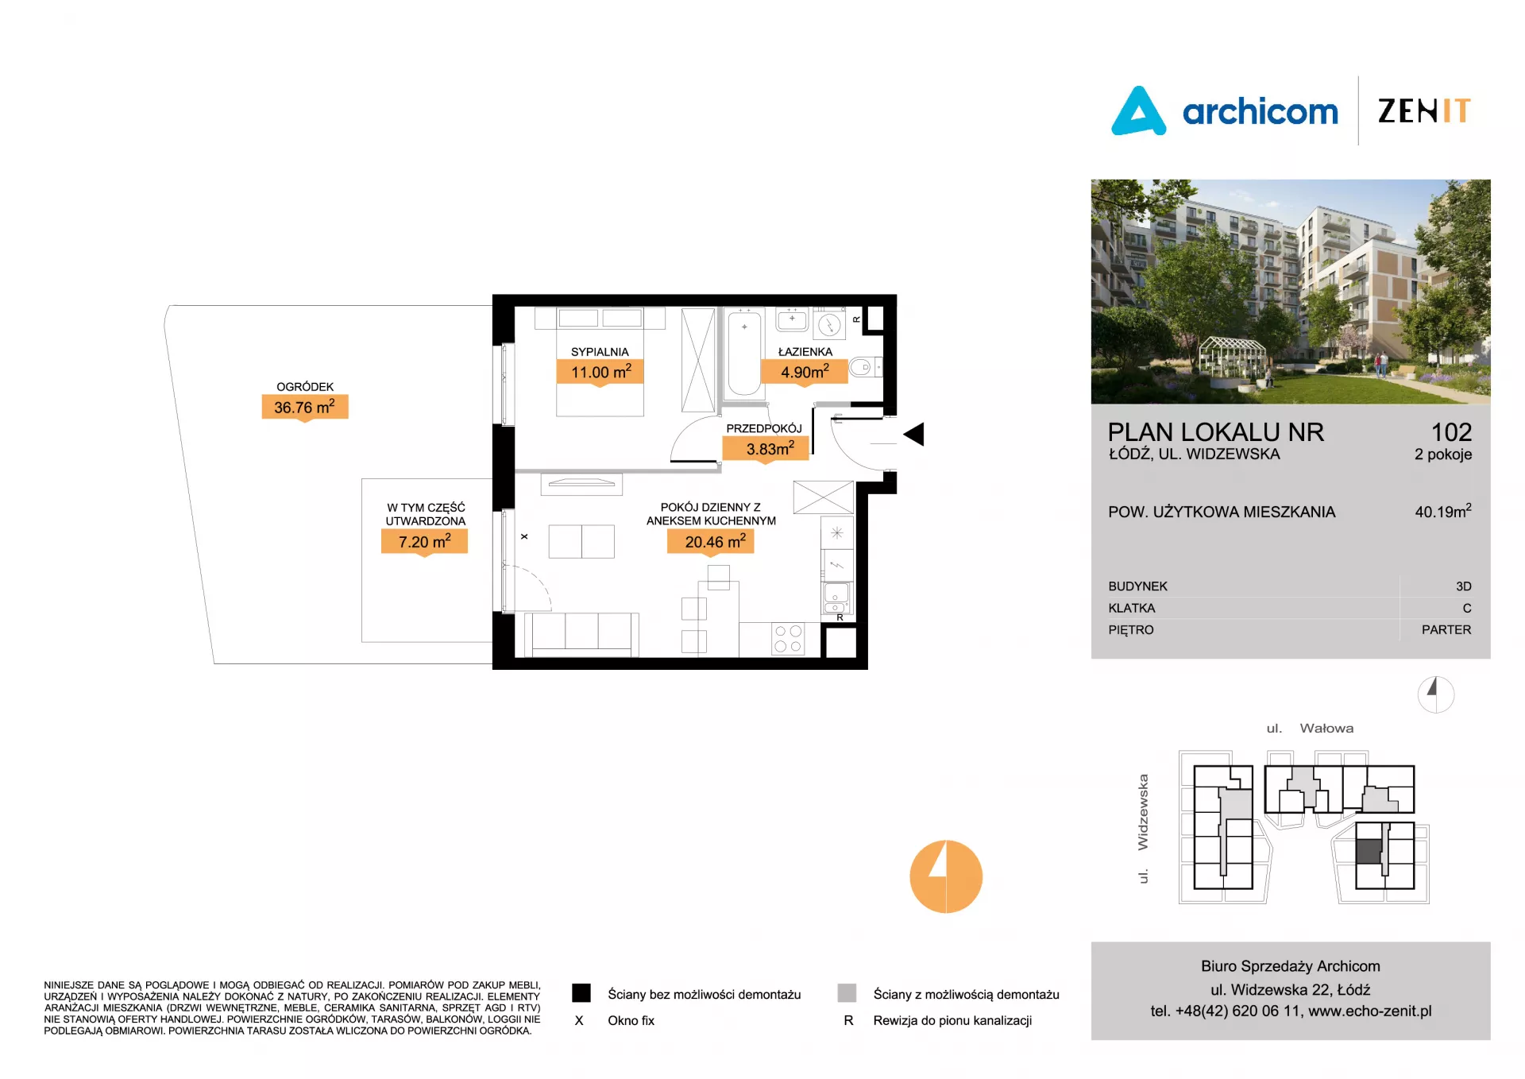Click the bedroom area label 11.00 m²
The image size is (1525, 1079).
click(600, 372)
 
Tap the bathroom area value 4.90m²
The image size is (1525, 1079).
click(805, 372)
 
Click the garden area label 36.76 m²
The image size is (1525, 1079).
click(305, 407)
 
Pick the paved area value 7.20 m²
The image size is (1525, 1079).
click(424, 542)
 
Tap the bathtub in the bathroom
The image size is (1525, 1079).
click(743, 353)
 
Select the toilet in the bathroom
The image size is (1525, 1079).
click(865, 367)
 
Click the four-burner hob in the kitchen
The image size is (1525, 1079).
click(788, 639)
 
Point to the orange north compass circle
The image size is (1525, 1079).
click(946, 876)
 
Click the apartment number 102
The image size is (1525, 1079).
click(1451, 432)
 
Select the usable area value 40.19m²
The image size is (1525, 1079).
click(1443, 511)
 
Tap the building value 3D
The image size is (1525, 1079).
click(1464, 586)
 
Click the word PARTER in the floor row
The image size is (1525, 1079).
click(1446, 630)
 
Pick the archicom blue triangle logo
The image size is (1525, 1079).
click(1138, 112)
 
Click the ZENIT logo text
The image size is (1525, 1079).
click(1424, 111)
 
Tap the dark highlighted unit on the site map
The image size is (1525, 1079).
click(1369, 853)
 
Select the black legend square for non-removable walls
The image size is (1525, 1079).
click(581, 993)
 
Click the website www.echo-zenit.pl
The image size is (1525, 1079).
click(1370, 1011)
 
